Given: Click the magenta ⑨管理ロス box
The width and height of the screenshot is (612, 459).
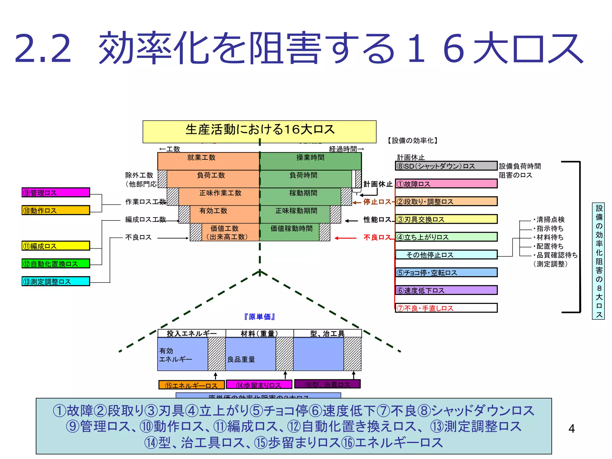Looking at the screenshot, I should tap(56, 192).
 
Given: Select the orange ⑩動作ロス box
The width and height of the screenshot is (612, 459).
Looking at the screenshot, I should tap(56, 210).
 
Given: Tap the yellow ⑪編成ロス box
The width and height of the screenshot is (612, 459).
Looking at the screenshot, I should tap(56, 246).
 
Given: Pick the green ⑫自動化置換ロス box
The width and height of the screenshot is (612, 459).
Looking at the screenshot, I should tap(56, 264).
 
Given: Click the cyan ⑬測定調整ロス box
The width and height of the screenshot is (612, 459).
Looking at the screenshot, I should tap(56, 281).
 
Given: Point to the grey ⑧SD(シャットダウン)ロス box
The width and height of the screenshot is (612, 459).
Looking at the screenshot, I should tap(446, 166).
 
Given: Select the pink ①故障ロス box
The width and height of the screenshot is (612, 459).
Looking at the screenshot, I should tap(446, 184).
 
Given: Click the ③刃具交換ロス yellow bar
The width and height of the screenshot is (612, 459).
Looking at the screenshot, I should tap(446, 219).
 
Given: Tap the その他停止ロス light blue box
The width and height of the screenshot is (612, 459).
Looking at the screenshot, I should tap(446, 255).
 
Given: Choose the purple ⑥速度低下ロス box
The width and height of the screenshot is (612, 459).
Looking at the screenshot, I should tap(446, 290).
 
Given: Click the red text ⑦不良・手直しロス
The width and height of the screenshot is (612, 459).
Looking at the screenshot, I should tap(425, 308).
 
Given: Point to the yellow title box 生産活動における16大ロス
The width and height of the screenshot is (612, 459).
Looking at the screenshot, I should tap(259, 131).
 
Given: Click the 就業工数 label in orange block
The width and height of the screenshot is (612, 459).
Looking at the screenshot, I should tap(201, 157).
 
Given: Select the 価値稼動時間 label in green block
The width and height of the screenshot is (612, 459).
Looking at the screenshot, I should tap(291, 229).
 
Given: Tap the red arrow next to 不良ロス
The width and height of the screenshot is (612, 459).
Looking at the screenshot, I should tap(345, 238).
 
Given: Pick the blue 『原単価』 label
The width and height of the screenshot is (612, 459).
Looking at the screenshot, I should tap(259, 317).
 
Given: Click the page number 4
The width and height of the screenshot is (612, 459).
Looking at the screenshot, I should tap(571, 429).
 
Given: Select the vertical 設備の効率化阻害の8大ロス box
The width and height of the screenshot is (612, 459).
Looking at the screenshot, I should tap(598, 261).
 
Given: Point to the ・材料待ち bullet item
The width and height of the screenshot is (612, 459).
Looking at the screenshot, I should tap(549, 237).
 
